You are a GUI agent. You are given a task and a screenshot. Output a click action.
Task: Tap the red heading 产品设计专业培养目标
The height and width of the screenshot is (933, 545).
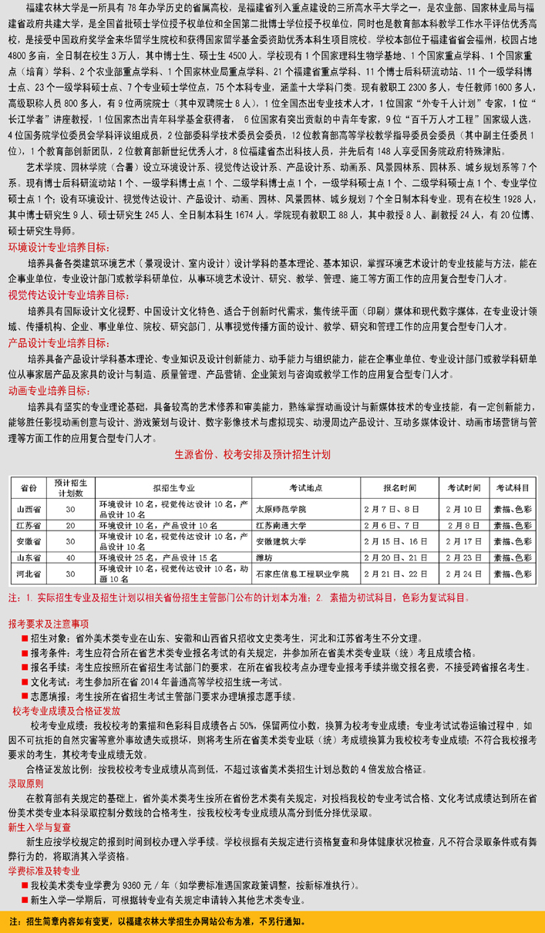[58, 342]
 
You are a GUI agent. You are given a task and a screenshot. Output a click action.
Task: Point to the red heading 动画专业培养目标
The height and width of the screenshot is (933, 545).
[52, 391]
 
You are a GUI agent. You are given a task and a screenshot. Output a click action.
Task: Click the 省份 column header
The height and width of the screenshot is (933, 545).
[29, 488]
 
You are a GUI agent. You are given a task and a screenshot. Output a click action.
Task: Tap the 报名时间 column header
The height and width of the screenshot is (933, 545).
[400, 488]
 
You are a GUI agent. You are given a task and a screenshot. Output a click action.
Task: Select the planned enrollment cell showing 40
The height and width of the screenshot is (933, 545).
[71, 557]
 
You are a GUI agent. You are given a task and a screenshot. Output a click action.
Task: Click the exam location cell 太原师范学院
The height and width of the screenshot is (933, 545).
[281, 509]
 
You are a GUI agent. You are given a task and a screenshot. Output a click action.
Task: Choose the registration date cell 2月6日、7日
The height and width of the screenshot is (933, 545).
[400, 525]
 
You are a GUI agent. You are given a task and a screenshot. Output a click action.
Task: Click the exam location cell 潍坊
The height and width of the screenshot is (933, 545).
[263, 557]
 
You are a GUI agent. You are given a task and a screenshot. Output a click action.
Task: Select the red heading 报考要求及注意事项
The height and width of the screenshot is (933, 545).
[48, 623]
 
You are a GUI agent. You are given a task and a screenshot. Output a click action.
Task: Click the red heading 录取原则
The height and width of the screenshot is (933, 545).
[25, 783]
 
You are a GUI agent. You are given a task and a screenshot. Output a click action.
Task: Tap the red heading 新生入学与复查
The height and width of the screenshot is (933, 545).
[39, 826]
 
